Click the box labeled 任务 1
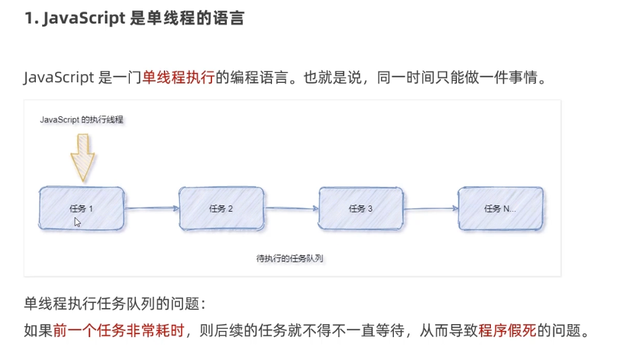click(81, 208)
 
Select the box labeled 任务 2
click(221, 208)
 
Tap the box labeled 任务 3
click(361, 208)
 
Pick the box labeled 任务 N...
click(500, 208)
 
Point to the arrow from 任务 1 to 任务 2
click(151, 208)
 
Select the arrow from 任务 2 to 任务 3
click(292, 208)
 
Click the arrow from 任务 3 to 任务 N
click(431, 208)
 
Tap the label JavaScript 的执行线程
click(82, 119)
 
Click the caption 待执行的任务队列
click(290, 258)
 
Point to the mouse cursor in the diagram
click(78, 221)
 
